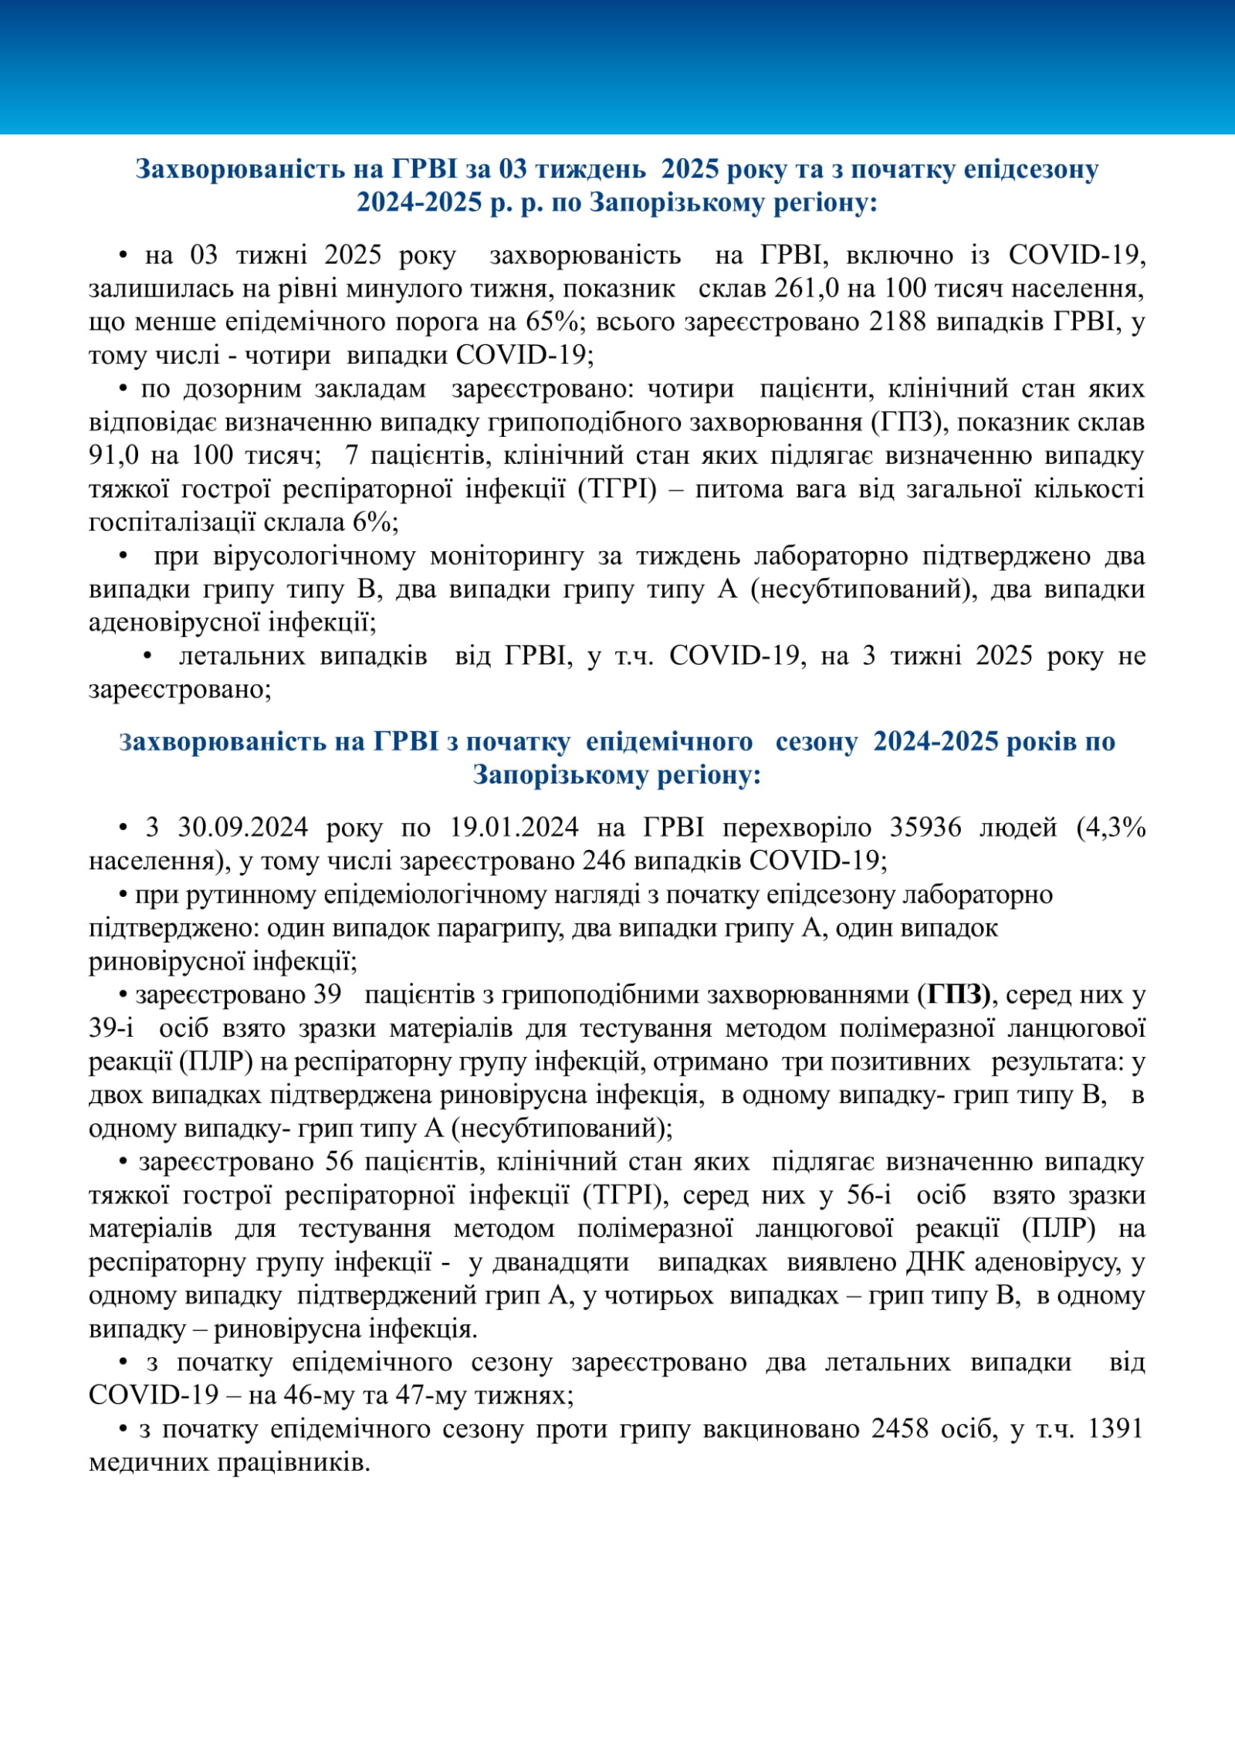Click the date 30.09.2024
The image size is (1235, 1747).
pos(243,828)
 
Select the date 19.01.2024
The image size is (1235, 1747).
pos(514,828)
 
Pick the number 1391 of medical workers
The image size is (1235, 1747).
pos(1114,1429)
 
